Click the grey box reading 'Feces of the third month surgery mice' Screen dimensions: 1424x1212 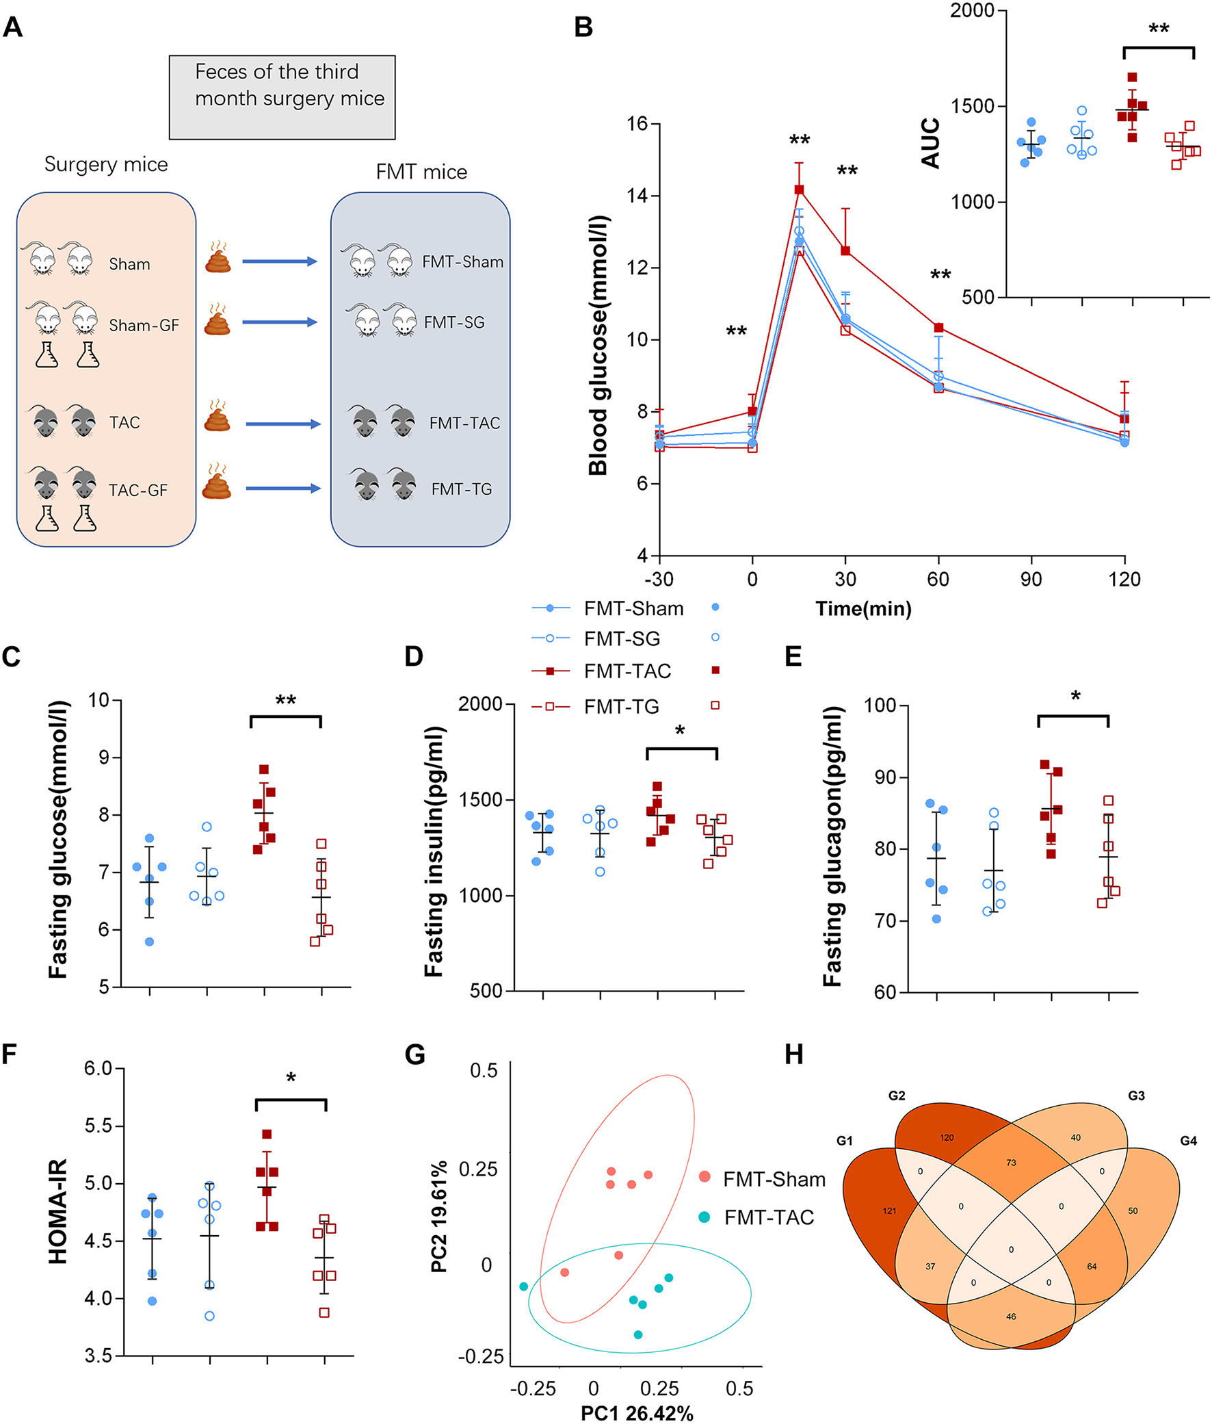(282, 97)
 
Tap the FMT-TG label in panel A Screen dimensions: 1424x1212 (461, 489)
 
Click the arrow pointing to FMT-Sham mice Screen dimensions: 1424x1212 (280, 261)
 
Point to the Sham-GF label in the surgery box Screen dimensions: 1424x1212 (144, 325)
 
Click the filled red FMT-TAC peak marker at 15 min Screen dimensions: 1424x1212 (799, 190)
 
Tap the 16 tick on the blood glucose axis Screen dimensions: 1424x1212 (637, 124)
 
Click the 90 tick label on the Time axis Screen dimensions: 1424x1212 (1031, 580)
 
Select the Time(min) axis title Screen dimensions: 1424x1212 (863, 609)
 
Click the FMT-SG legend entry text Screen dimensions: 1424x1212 (622, 639)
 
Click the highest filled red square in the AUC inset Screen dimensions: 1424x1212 (1131, 77)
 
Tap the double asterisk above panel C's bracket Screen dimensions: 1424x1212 (286, 701)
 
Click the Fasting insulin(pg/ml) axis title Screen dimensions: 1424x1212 (434, 851)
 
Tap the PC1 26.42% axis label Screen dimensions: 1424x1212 (637, 1413)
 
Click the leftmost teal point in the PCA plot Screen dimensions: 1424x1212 (524, 1286)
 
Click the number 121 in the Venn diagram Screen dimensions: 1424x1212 (889, 1211)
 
